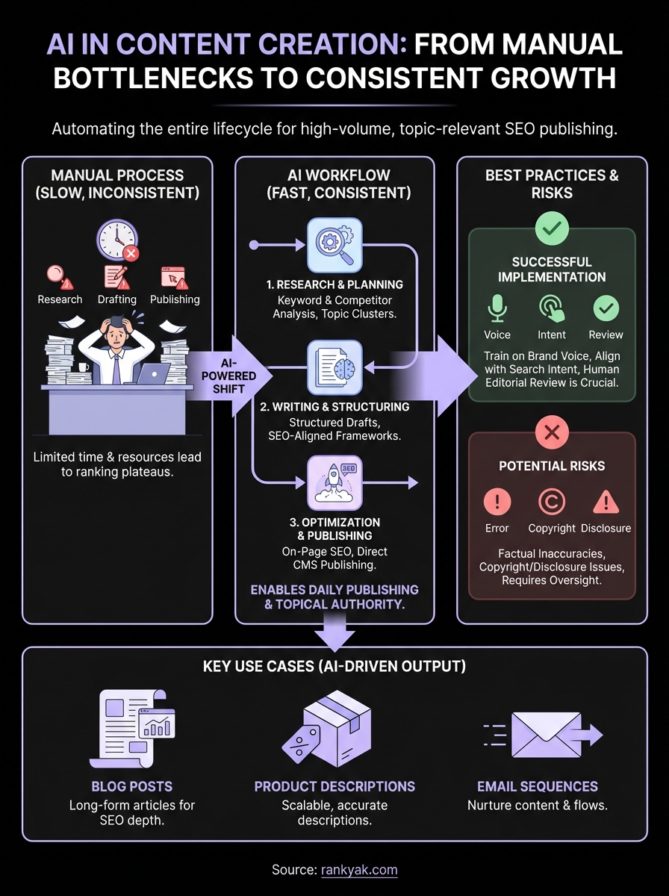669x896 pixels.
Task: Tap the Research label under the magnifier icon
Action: point(60,299)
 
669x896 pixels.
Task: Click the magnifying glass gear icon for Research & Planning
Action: point(334,246)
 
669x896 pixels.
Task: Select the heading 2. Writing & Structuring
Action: point(334,407)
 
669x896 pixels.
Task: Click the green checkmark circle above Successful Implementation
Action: point(553,228)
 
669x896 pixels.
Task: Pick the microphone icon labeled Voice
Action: point(497,308)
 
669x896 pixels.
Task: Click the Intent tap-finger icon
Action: point(552,308)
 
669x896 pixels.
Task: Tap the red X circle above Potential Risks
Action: point(553,431)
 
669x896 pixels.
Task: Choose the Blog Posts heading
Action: point(132,786)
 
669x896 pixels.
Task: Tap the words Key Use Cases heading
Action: point(334,666)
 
